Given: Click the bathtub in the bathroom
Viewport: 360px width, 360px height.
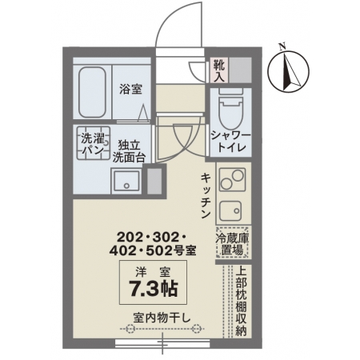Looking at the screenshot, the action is point(92,92).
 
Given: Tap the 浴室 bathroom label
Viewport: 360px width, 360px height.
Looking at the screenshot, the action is point(130,89).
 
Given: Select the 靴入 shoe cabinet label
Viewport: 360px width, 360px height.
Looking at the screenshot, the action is point(219,70).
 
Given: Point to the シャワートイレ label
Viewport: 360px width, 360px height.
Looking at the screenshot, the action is point(231,142).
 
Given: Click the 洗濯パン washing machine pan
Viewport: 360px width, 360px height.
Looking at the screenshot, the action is point(94,143).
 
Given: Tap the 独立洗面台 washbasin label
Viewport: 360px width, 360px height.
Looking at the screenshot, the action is point(129,151).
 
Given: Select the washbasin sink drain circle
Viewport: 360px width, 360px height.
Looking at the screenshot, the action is point(126,186).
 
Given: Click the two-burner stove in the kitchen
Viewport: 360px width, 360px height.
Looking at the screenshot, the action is point(232,179).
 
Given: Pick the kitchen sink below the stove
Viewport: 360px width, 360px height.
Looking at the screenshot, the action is point(230,210).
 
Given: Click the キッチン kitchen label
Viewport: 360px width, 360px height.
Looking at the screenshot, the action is point(206,196).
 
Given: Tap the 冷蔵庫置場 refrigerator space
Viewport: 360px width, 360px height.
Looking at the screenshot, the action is point(233,242).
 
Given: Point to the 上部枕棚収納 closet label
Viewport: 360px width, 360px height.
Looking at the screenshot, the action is point(242,302).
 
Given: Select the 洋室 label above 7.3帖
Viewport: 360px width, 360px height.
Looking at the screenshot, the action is point(153,272).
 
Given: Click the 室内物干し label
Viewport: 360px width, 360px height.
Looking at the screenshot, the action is point(162,318).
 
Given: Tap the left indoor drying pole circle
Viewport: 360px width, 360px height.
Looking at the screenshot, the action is point(130,328).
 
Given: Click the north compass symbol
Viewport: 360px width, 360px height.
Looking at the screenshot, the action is point(288,72).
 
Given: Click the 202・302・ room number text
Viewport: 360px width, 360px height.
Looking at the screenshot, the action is point(151,237).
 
